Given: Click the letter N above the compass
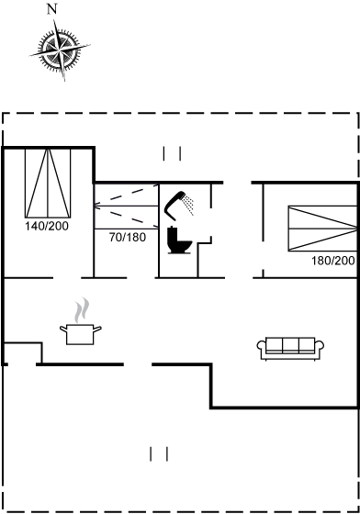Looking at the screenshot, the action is [x=51, y=9].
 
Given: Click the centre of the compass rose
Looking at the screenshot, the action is [x=60, y=50].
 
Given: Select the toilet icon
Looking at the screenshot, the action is [x=179, y=240].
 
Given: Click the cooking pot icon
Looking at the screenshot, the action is [x=80, y=334].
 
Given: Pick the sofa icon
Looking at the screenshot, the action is [x=290, y=349].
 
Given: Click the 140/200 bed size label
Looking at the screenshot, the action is [x=47, y=226].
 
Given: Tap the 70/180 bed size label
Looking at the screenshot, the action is [x=128, y=237].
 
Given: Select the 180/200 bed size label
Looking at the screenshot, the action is [x=333, y=261].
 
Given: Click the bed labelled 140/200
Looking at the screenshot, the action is [x=48, y=183].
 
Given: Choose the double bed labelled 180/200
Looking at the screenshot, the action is [x=322, y=229].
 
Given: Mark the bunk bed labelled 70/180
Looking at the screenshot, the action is [x=126, y=207].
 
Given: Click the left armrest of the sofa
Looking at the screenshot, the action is [x=262, y=349].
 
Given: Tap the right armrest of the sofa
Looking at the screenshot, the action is [x=320, y=349].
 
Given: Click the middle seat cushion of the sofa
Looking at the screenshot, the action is [x=290, y=345].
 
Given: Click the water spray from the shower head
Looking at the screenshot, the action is [x=189, y=205].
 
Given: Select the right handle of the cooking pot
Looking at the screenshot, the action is [x=97, y=329].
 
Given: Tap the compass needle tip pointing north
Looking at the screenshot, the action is [x=54, y=20].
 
